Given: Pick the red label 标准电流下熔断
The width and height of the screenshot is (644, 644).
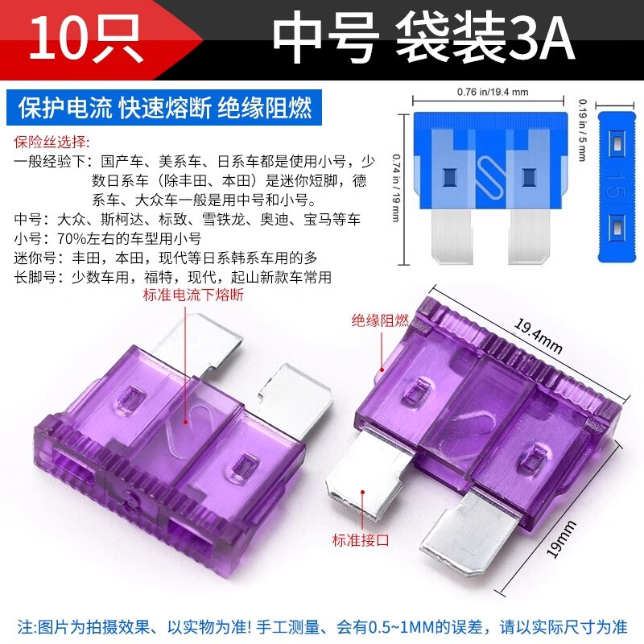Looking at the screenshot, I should click(192, 295).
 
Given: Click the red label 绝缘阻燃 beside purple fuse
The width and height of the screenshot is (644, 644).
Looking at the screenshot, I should click(379, 320).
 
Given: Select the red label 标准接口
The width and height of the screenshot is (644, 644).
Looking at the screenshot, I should click(360, 540).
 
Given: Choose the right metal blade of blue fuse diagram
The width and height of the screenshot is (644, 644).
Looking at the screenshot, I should click(528, 237).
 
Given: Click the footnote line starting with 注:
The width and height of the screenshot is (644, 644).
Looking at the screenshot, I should click(321, 625).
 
